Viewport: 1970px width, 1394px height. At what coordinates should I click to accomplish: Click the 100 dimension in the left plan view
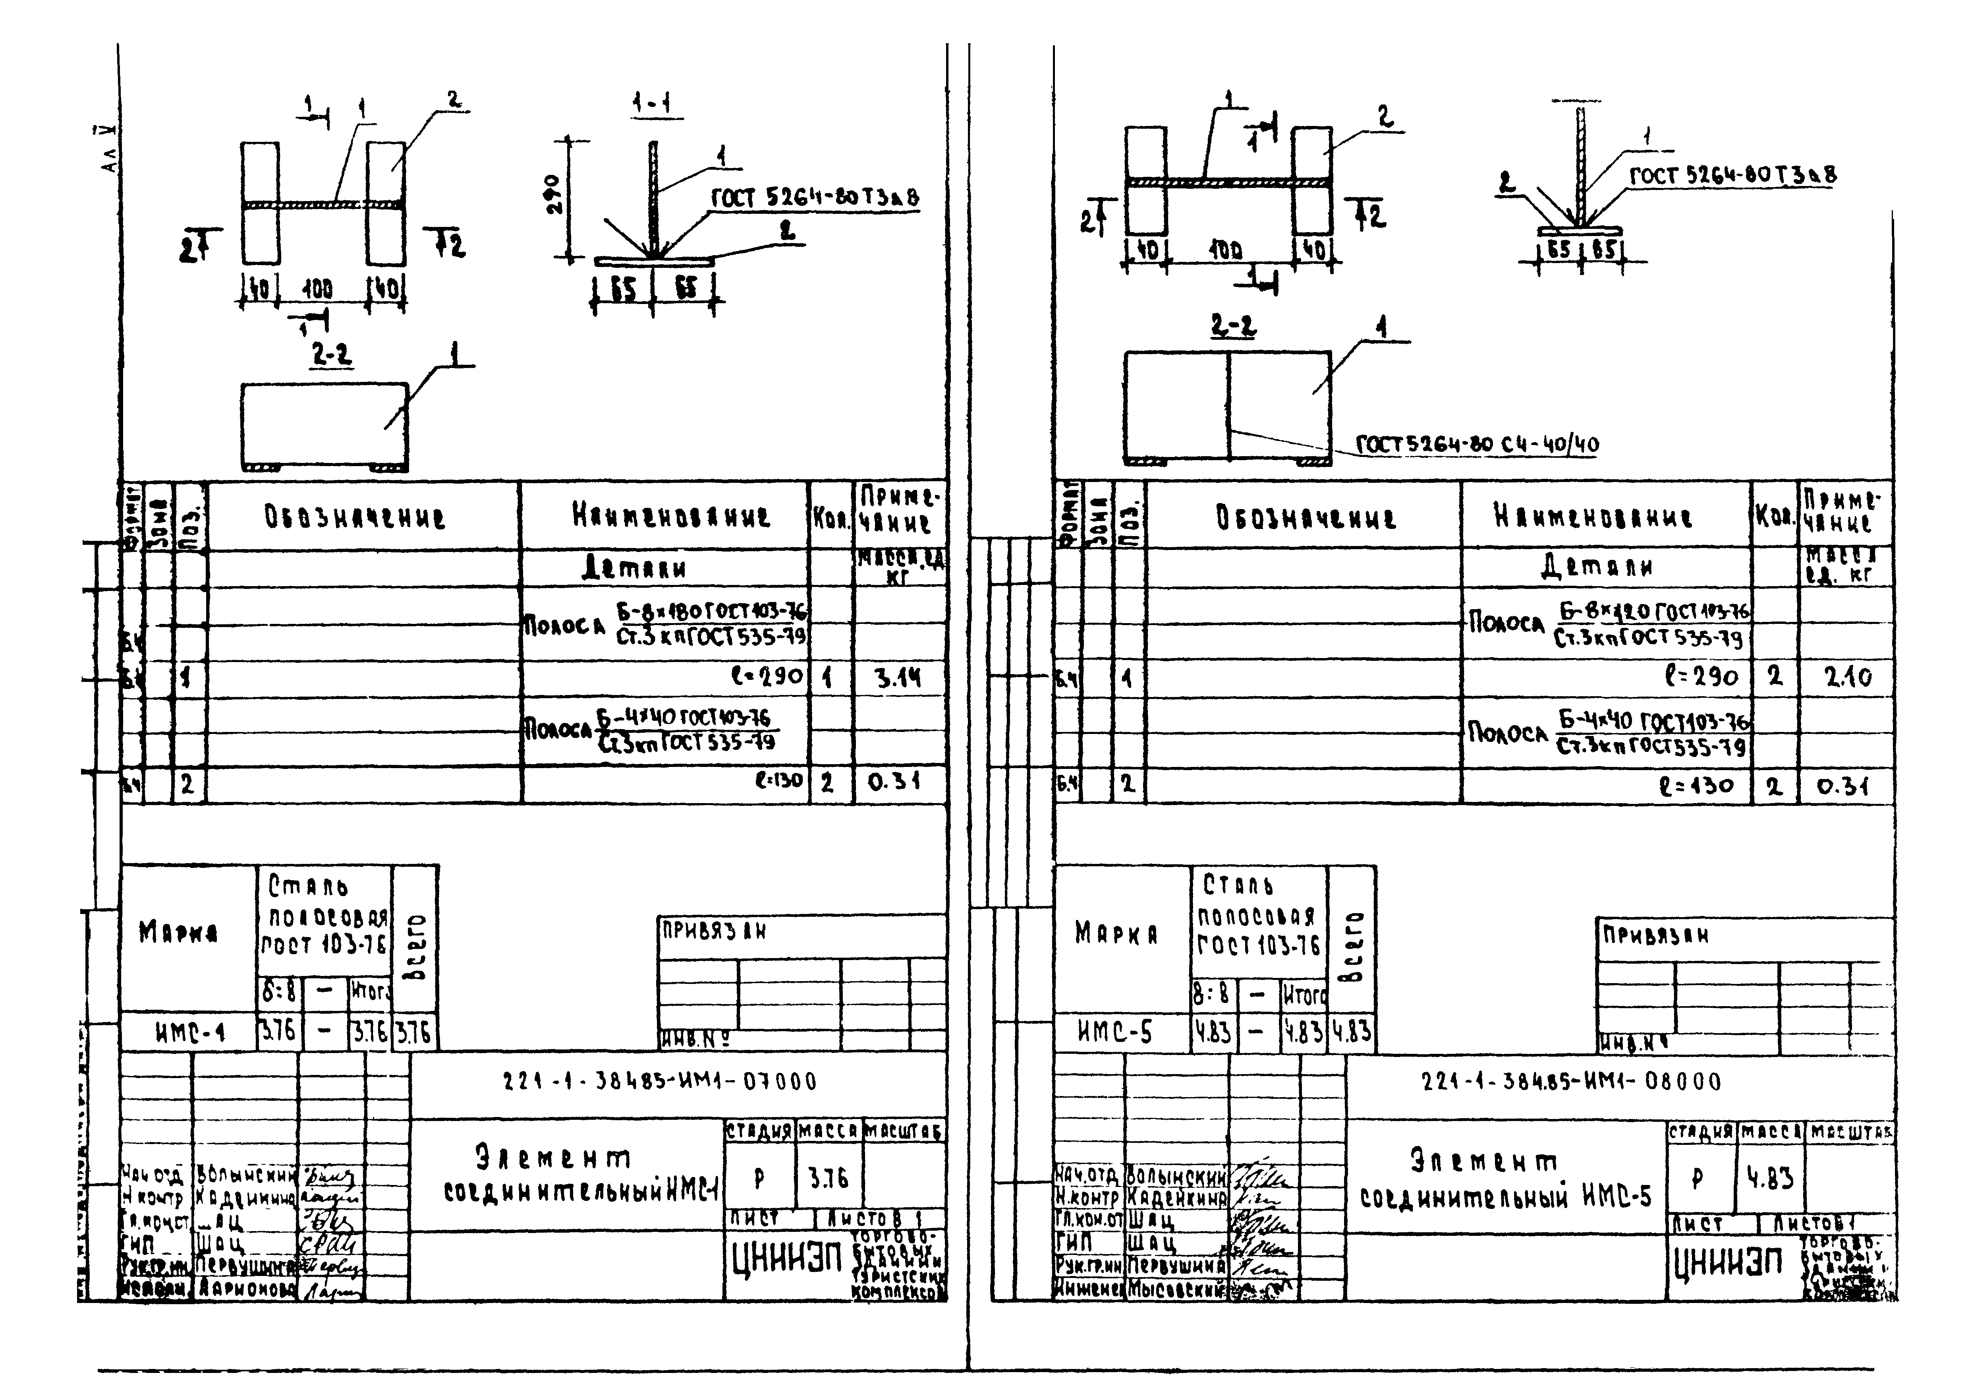click(x=316, y=289)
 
